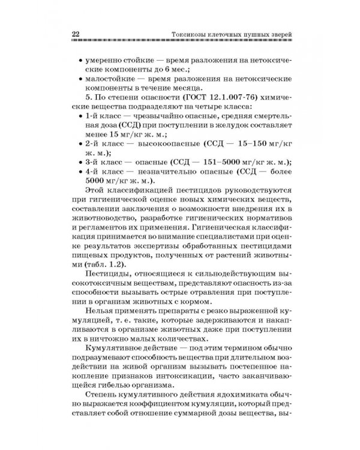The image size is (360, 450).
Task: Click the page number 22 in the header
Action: click(76, 33)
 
